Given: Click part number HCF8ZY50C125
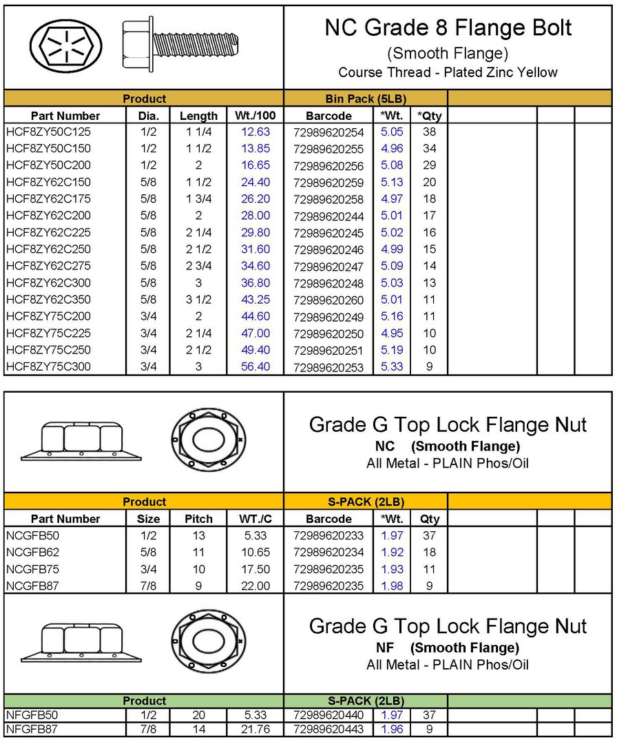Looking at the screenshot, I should (x=48, y=132).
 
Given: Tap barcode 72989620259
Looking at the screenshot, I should (x=328, y=183).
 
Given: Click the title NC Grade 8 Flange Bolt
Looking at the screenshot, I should (x=448, y=28).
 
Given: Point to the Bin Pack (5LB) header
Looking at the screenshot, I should (x=365, y=99).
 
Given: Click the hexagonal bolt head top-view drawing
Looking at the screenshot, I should (x=66, y=47).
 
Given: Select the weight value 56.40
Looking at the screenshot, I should (x=255, y=366).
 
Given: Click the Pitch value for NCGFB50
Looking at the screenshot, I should (x=198, y=535).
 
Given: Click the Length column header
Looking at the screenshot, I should (x=198, y=116).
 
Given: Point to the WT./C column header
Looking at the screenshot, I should (x=255, y=519).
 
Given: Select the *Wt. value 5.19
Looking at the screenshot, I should (x=392, y=350).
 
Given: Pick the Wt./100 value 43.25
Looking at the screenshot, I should (x=255, y=300).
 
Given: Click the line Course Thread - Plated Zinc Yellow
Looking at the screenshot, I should (x=448, y=72).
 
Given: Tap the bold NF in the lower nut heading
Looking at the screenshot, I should (x=384, y=648).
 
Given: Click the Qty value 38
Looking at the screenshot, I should (x=429, y=132).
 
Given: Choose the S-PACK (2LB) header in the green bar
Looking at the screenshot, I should (x=365, y=701).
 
